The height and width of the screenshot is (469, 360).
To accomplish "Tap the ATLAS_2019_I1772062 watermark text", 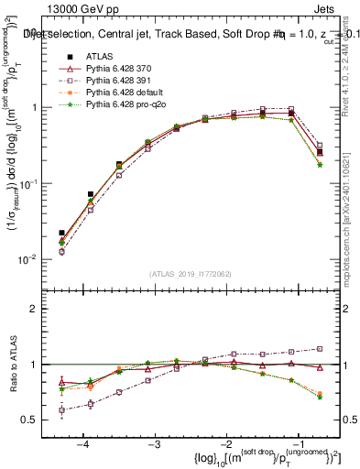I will point(190,274).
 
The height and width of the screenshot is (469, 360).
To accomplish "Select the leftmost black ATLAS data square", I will point(61,234).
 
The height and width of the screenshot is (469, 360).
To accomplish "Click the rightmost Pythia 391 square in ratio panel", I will point(320,348).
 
